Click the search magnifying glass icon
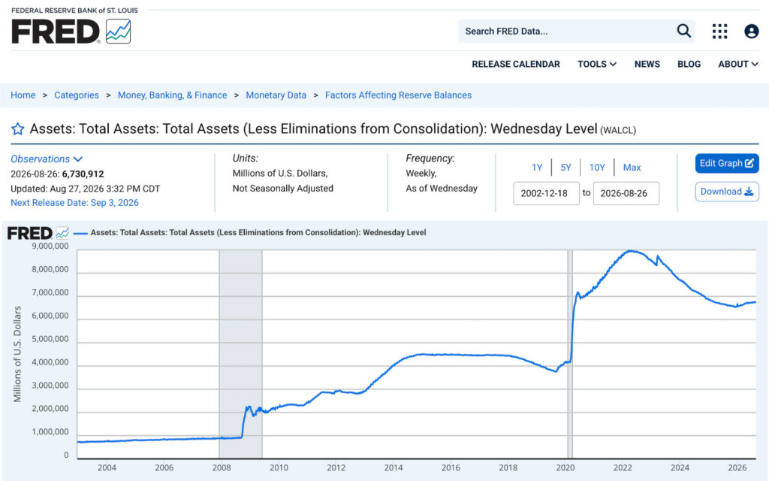click(683, 31)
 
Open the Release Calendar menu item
click(515, 65)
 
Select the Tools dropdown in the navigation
click(597, 65)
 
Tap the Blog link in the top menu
click(689, 65)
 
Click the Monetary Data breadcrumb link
click(276, 95)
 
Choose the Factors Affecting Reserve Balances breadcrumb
click(398, 95)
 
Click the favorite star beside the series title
click(18, 129)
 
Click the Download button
click(727, 192)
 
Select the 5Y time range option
click(565, 168)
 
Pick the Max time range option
click(632, 168)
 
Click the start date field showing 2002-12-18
click(546, 193)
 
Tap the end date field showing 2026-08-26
click(626, 193)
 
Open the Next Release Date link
click(74, 203)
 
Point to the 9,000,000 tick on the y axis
click(50, 246)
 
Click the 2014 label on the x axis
click(394, 467)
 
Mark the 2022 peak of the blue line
click(632, 251)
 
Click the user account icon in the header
click(751, 32)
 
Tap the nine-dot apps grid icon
click(719, 32)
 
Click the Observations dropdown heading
click(47, 159)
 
